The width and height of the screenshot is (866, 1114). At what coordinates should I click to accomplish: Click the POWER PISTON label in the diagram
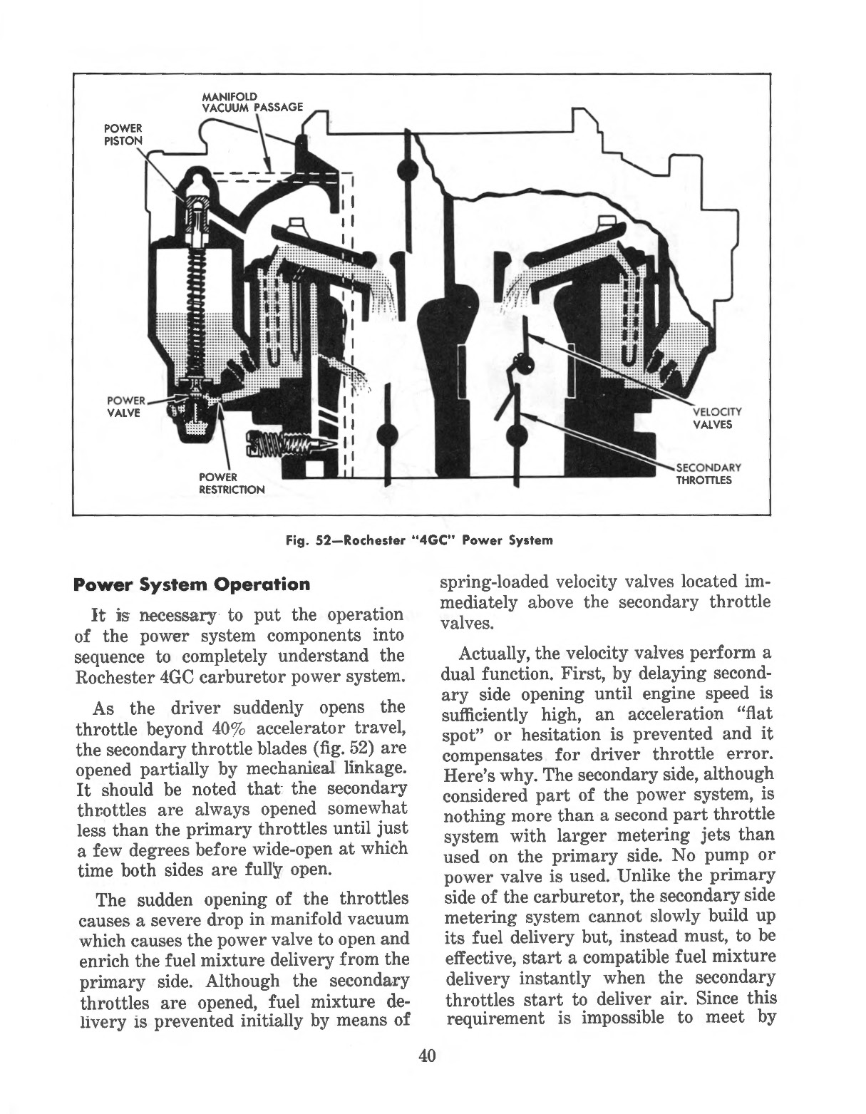tap(123, 133)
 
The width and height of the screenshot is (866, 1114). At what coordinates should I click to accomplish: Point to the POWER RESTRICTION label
tap(231, 483)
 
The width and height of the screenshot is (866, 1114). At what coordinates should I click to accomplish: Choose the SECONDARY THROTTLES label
tap(708, 473)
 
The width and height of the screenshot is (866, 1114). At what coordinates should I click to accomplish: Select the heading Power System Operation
tap(192, 584)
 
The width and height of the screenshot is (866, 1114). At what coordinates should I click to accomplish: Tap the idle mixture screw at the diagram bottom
tap(285, 445)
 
